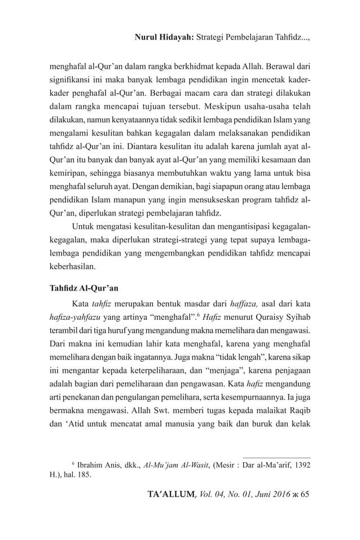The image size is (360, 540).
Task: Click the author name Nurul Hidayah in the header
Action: click(x=164, y=38)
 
